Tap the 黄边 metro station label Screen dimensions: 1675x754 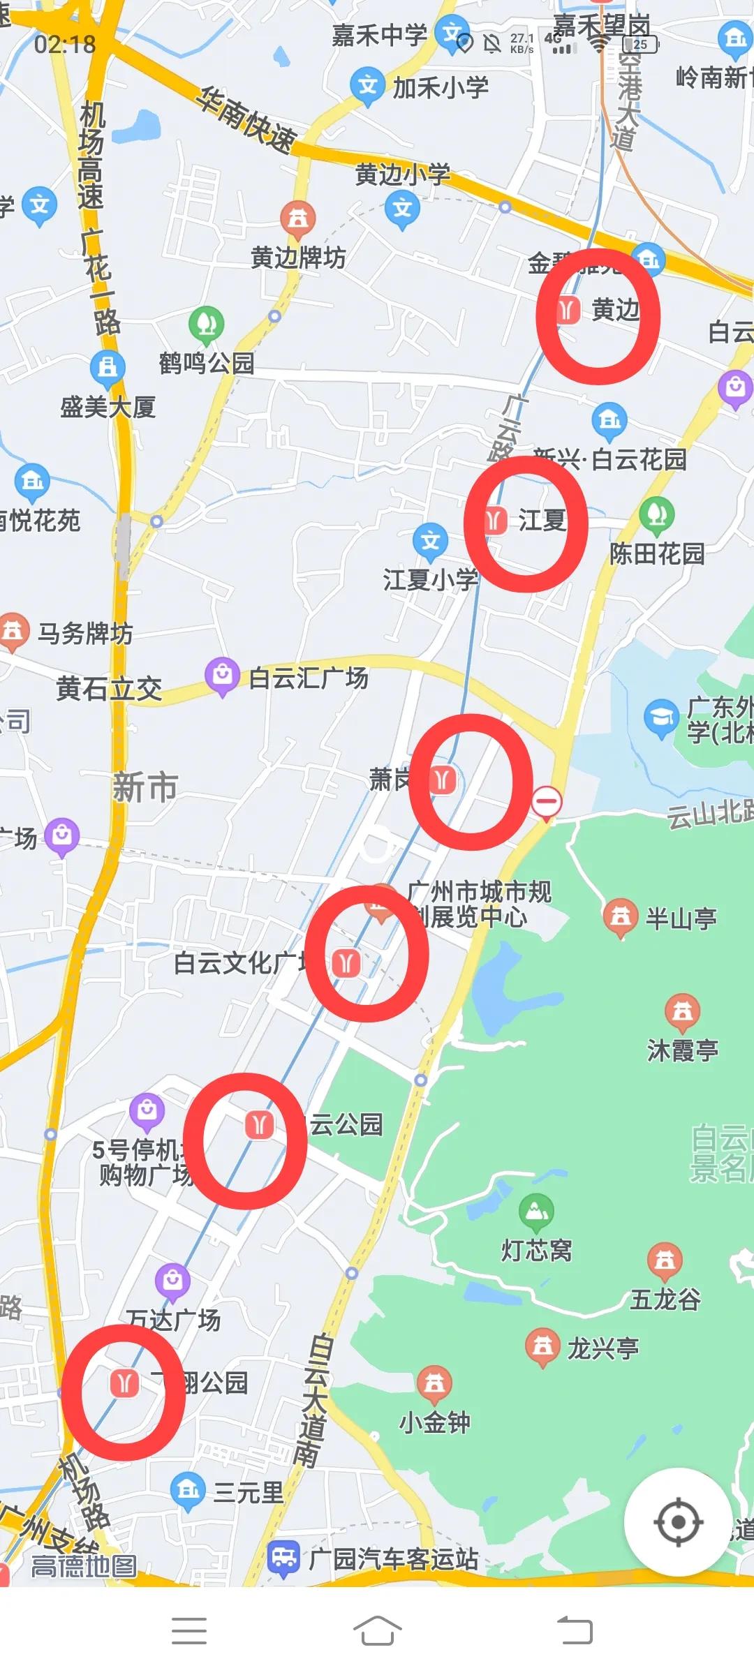[x=615, y=309]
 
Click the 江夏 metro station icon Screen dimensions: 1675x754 [x=495, y=520]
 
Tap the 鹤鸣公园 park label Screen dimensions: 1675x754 [x=207, y=363]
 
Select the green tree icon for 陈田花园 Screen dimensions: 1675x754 [x=656, y=514]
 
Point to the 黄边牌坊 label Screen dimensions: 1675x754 [x=298, y=258]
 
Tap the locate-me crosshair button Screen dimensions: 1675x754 [x=677, y=1521]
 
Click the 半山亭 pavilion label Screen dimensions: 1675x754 [x=681, y=918]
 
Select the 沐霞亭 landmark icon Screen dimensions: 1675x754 [x=682, y=1011]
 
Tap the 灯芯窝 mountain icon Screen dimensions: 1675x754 [x=536, y=1212]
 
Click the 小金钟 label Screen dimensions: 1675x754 [x=434, y=1422]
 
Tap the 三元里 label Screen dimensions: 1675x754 [x=248, y=1493]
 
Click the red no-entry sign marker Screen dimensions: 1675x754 [x=547, y=801]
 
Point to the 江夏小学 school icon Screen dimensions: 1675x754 [x=430, y=541]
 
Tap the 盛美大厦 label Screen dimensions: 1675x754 [x=108, y=407]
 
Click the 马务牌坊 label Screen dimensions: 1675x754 [x=85, y=634]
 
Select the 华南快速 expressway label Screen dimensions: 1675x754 [x=245, y=119]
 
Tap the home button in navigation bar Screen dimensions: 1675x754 [x=377, y=1631]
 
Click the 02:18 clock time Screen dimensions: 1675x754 [x=65, y=45]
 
